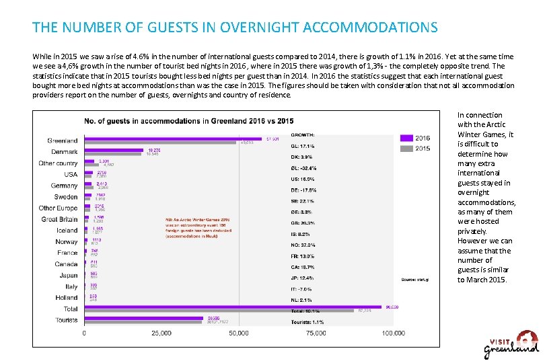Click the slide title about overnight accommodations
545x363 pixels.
[235, 28]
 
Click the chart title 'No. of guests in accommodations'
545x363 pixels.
[188, 121]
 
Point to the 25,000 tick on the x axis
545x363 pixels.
[161, 333]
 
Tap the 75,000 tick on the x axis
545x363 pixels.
[316, 333]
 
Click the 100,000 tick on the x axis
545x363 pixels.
[393, 333]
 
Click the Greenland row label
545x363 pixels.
[62, 140]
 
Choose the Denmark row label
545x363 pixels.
[64, 152]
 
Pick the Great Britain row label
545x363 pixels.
[59, 219]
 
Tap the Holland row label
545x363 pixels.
[67, 297]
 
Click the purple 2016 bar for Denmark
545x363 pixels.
[114, 150]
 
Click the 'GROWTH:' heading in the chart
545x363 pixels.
[303, 134]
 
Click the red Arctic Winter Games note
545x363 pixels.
[199, 228]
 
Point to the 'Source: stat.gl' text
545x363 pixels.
[415, 278]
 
